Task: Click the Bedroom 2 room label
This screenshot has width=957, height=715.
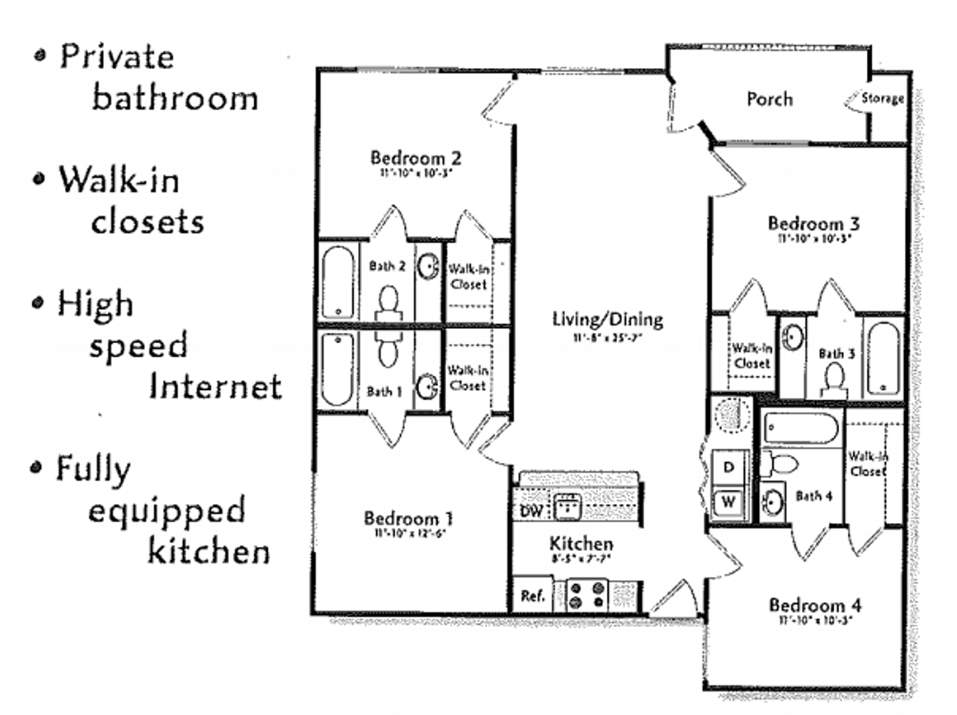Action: click(415, 158)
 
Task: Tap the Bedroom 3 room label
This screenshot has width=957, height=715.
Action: click(813, 224)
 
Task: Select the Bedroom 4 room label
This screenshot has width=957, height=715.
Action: click(815, 605)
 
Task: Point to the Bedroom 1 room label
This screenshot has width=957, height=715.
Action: click(408, 518)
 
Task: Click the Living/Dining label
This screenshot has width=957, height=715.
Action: click(608, 320)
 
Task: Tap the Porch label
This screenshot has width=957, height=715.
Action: click(769, 99)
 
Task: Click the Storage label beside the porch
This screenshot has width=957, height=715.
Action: click(882, 99)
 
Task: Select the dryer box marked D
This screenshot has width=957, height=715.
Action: click(729, 467)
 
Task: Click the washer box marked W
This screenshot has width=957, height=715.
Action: click(729, 501)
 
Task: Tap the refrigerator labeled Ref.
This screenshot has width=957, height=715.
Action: click(532, 596)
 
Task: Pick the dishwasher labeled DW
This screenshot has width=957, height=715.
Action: click(531, 510)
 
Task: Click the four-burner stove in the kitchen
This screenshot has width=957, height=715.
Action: click(587, 595)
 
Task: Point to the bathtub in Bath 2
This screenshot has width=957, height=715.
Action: click(338, 282)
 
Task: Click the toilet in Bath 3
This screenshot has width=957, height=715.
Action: click(834, 379)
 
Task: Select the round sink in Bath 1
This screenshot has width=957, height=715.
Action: click(428, 386)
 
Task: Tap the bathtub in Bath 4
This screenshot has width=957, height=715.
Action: click(801, 428)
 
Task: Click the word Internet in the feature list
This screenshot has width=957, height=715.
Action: click(215, 386)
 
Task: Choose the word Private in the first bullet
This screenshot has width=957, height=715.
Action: click(117, 56)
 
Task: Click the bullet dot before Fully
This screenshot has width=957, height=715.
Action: click(36, 468)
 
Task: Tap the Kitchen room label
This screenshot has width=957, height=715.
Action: click(581, 544)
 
